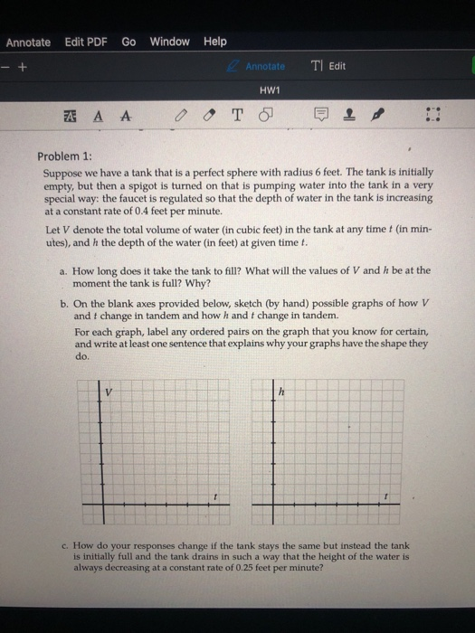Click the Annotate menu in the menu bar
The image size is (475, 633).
pos(28,42)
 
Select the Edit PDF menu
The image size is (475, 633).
pos(85,42)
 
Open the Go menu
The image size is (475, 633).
pos(128,42)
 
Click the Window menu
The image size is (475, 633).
pos(169,42)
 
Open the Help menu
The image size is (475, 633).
pos(215,42)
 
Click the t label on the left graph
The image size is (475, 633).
pos(215,496)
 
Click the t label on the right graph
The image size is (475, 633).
pos(387,496)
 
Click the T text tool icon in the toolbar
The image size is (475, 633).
pos(238,116)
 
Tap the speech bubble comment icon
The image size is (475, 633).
pos(320,116)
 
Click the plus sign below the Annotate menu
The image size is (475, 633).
pos(26,66)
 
